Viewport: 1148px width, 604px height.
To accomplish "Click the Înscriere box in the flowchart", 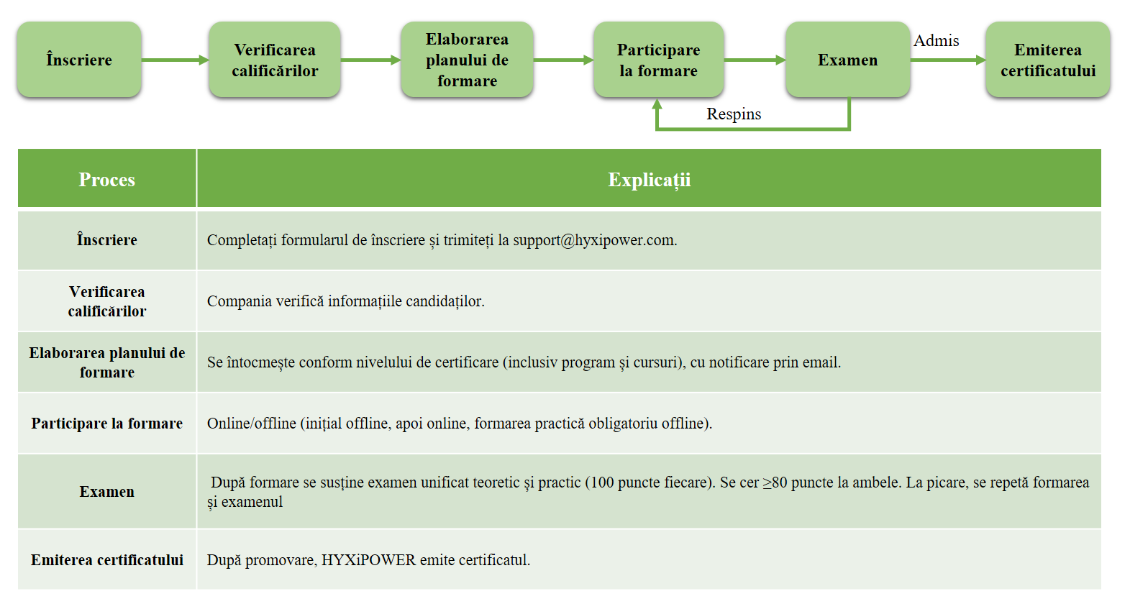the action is [x=79, y=60].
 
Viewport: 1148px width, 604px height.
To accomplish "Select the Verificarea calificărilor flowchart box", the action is [x=275, y=60].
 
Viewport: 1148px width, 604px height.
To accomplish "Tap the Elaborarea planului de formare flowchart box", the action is [x=467, y=60].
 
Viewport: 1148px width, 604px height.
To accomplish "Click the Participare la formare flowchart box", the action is [x=659, y=60].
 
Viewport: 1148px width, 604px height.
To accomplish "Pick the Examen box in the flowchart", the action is [x=847, y=60].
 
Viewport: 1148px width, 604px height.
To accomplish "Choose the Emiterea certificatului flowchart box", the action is [x=1048, y=60].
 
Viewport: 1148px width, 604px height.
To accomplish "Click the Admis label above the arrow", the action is [x=936, y=40].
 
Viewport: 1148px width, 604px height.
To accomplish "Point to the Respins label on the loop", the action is [x=734, y=114].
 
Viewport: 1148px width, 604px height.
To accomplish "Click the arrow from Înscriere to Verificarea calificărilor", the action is [x=176, y=60].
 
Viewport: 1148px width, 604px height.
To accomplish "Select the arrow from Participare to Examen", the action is [x=755, y=60].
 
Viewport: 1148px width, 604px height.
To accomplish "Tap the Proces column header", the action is [x=106, y=179].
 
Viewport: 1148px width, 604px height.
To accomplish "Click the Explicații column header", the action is [x=650, y=180].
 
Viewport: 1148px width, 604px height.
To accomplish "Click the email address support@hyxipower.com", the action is [x=595, y=239].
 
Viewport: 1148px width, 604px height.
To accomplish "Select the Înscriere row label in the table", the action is [x=106, y=239].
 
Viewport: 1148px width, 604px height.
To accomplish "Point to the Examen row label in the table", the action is [x=106, y=491].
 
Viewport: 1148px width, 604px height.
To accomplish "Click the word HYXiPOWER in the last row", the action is [x=368, y=560].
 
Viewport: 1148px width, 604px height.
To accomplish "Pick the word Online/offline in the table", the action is [x=252, y=423].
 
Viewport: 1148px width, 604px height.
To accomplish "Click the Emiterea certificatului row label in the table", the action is [x=106, y=559].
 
